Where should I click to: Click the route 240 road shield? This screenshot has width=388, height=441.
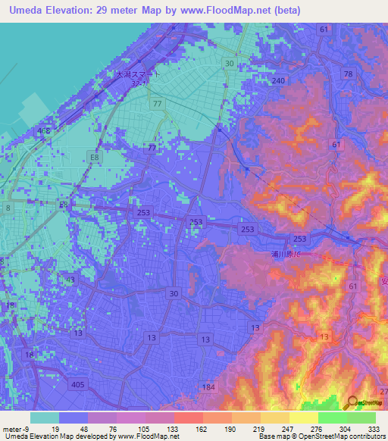(278, 80)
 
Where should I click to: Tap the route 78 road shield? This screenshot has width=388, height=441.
(348, 73)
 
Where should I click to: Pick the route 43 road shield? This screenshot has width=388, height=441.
(48, 280)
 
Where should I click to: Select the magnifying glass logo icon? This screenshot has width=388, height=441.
(352, 404)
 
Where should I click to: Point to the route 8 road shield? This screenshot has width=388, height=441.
(8, 207)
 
